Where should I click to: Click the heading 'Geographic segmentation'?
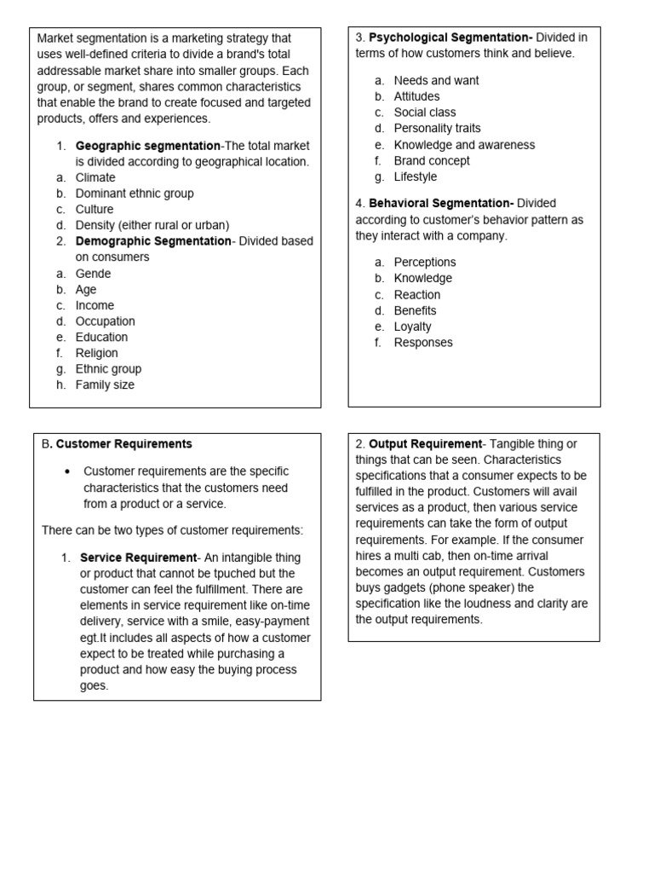pyautogui.click(x=147, y=146)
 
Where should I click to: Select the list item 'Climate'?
pyautogui.click(x=95, y=177)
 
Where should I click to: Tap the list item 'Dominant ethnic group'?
pyautogui.click(x=135, y=194)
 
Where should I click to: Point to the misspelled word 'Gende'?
pyautogui.click(x=93, y=274)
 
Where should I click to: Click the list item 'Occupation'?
pyautogui.click(x=105, y=321)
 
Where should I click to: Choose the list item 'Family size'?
pyautogui.click(x=105, y=384)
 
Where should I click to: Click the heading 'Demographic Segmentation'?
pyautogui.click(x=153, y=241)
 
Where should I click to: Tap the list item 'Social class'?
pyautogui.click(x=425, y=113)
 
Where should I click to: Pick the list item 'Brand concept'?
pyautogui.click(x=432, y=160)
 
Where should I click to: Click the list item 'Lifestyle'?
pyautogui.click(x=416, y=176)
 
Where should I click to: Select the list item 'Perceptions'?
pyautogui.click(x=425, y=262)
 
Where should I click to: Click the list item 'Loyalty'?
pyautogui.click(x=413, y=327)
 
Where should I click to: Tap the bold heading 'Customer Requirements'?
pyautogui.click(x=124, y=444)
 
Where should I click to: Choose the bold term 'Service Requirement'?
pyautogui.click(x=138, y=558)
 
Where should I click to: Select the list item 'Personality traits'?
pyautogui.click(x=438, y=129)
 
